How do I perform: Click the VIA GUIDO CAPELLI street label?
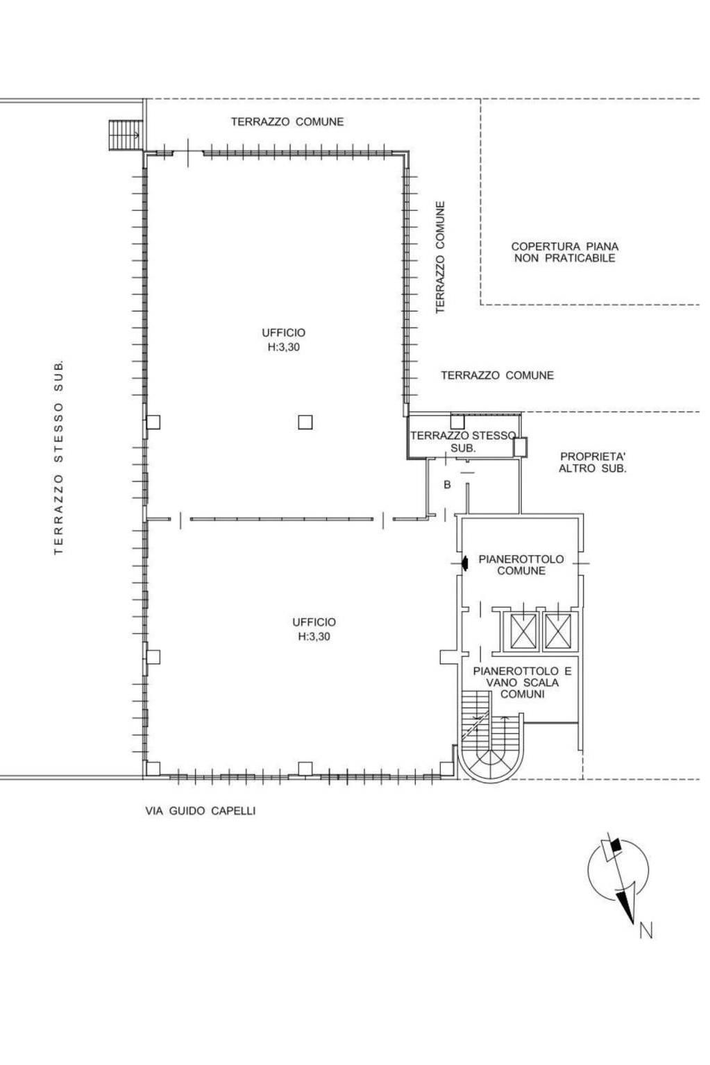pyautogui.click(x=200, y=810)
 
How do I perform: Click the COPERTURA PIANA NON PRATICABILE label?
pyautogui.click(x=564, y=253)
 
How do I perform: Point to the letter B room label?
pyautogui.click(x=447, y=484)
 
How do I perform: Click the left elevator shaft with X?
pyautogui.click(x=523, y=631)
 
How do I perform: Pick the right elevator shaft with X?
pyautogui.click(x=558, y=631)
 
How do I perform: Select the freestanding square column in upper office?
pyautogui.click(x=305, y=422)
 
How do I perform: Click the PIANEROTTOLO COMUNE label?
pyautogui.click(x=521, y=565)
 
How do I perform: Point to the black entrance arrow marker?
pyautogui.click(x=465, y=563)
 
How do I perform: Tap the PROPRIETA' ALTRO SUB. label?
pyautogui.click(x=593, y=463)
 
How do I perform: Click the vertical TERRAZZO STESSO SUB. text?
pyautogui.click(x=58, y=458)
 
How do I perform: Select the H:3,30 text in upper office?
pyautogui.click(x=284, y=348)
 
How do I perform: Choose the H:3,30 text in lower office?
pyautogui.click(x=314, y=637)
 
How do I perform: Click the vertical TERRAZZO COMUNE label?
pyautogui.click(x=440, y=257)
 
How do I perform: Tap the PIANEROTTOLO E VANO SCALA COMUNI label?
pyautogui.click(x=522, y=683)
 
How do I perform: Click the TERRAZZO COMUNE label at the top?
pyautogui.click(x=287, y=121)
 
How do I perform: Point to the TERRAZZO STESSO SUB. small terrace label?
pyautogui.click(x=463, y=442)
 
